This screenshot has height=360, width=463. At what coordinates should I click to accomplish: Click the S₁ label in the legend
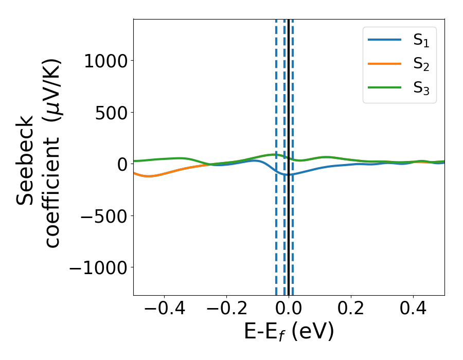pyautogui.click(x=421, y=41)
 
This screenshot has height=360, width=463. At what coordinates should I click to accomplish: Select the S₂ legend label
pyautogui.click(x=421, y=65)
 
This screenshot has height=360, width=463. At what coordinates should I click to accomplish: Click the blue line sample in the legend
pyautogui.click(x=385, y=40)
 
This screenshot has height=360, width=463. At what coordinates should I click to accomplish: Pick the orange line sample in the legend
pyautogui.click(x=385, y=64)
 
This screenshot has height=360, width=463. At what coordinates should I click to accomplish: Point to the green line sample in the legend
pyautogui.click(x=385, y=87)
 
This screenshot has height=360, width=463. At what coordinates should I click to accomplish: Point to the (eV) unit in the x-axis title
pyautogui.click(x=313, y=332)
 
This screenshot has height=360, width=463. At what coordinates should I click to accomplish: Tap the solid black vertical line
pyautogui.click(x=289, y=231)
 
